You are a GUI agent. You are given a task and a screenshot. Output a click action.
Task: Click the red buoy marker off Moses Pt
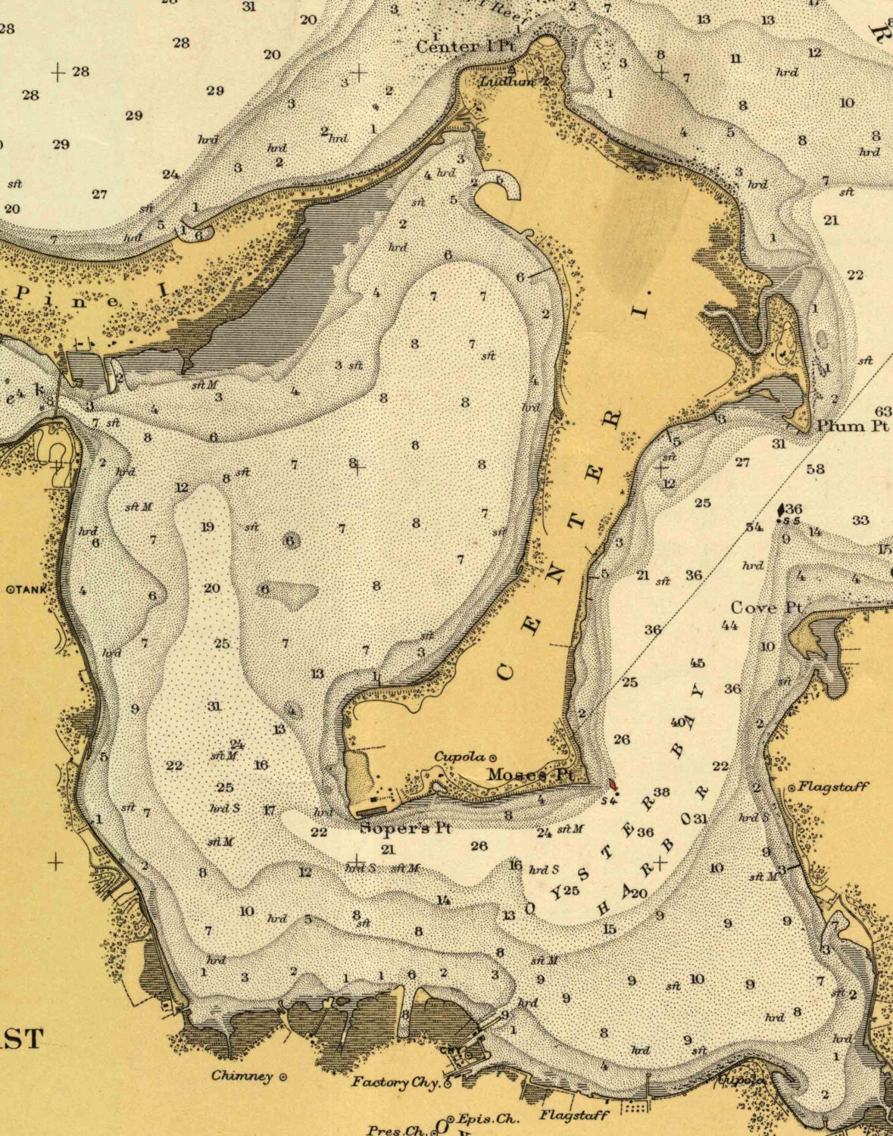(x=612, y=784)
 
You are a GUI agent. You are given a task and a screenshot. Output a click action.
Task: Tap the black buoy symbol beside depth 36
(x=781, y=510)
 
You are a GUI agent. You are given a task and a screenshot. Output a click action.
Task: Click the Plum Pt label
(x=851, y=426)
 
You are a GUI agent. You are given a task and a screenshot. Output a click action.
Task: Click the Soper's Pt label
(x=405, y=828)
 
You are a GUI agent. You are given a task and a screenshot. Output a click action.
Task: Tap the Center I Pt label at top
(x=465, y=46)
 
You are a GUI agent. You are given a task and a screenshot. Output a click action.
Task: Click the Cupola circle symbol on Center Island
(x=493, y=757)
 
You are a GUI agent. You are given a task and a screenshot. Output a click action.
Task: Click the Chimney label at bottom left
(x=242, y=1075)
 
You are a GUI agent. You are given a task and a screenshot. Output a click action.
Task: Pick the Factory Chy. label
(x=395, y=1082)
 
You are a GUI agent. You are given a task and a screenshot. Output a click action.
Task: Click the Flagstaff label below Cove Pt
(x=833, y=787)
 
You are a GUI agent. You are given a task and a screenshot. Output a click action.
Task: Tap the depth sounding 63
(x=883, y=411)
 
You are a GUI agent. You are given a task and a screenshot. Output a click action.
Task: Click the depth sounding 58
(x=815, y=469)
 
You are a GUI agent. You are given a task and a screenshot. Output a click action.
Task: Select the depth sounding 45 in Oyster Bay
(x=697, y=663)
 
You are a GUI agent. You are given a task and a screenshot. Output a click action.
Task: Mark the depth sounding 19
(x=207, y=527)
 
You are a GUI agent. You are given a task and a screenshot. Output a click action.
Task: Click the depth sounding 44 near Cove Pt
(x=729, y=626)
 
